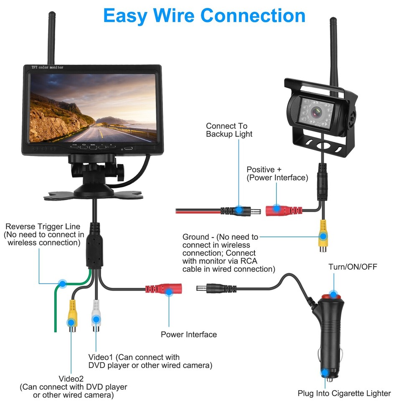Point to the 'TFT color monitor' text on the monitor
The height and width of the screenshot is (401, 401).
(47, 68)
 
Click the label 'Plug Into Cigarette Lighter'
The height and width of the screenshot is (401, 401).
(344, 393)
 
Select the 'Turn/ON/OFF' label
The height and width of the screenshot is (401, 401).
(353, 266)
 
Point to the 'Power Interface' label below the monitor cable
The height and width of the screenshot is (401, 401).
(189, 334)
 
